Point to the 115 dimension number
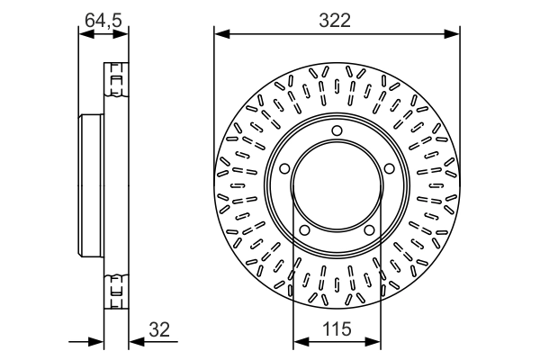pyautogui.click(x=337, y=330)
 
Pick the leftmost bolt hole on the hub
pyautogui.click(x=283, y=168)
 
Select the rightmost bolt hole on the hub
pyautogui.click(x=391, y=168)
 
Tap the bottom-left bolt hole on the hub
pyautogui.click(x=304, y=232)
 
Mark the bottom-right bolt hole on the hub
pyautogui.click(x=370, y=232)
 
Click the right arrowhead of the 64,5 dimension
pyautogui.click(x=122, y=35)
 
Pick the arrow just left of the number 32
pyautogui.click(x=135, y=342)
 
